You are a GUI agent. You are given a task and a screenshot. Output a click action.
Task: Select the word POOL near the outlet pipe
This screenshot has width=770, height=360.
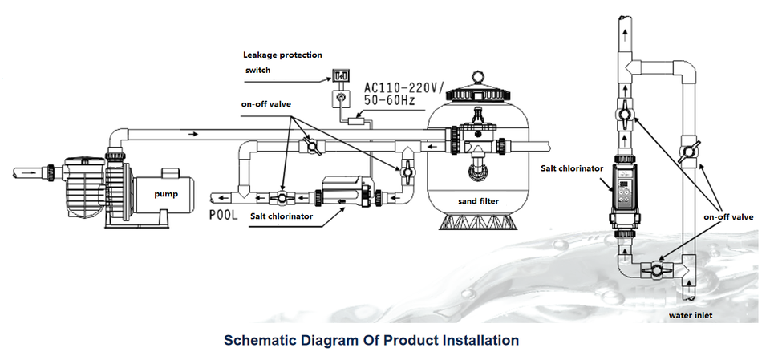[224, 216]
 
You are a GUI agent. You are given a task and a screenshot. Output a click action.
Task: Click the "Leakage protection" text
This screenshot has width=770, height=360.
[282, 55]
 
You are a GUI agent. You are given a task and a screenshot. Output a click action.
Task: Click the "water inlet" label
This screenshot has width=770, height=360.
[691, 315]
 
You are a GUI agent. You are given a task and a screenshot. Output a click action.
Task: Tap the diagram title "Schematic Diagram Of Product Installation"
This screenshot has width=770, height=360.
[371, 340]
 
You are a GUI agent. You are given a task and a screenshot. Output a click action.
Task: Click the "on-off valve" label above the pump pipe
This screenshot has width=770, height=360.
[265, 104]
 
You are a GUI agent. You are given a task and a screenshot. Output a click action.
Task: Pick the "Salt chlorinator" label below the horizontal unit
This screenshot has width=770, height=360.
[281, 216]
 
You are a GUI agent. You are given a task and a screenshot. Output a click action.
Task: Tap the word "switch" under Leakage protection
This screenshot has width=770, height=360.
[258, 71]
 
